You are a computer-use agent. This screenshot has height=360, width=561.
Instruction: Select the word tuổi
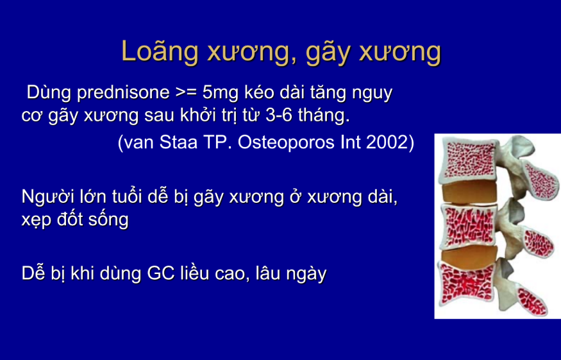click(119, 196)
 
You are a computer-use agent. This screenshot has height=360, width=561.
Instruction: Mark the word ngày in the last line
click(306, 275)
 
